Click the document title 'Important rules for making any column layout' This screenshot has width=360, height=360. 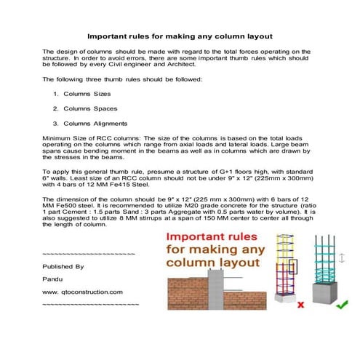(180, 35)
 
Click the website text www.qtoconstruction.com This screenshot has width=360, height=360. (82, 291)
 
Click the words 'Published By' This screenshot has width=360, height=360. (63, 267)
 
